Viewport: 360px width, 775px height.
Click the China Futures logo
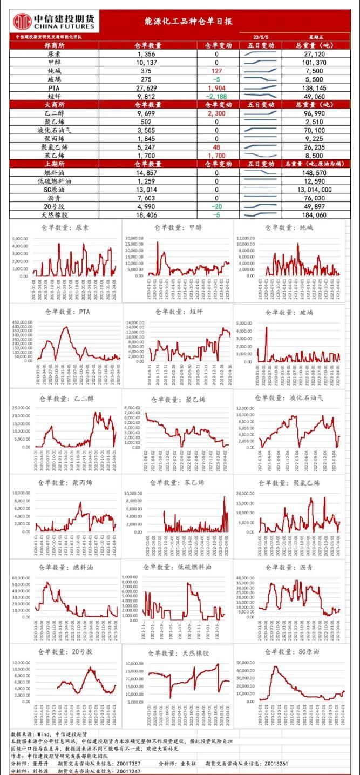coord(53,22)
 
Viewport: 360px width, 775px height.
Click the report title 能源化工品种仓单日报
coord(188,22)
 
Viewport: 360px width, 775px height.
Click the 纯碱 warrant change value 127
coord(217,71)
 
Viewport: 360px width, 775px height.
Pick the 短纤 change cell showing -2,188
coord(216,96)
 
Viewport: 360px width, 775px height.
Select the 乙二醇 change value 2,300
coord(216,113)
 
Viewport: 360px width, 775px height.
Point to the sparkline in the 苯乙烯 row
coord(261,155)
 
